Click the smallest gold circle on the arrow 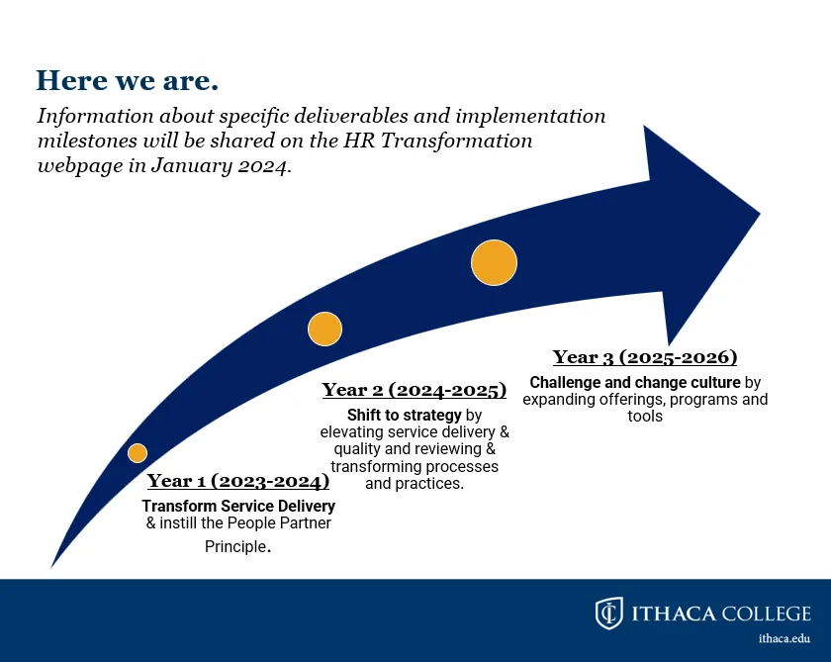point(138,453)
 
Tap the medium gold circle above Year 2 point(324,330)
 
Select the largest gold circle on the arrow point(494,263)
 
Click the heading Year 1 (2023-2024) point(238,481)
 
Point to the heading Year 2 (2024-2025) point(415,390)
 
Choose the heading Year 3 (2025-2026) point(645,357)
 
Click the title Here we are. point(128,80)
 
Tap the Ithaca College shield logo point(609,614)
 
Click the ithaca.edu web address point(785,638)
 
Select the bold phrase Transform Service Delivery point(238,507)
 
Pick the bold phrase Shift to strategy point(405,415)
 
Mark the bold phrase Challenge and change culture point(635,382)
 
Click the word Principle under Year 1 point(235,546)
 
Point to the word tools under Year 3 point(645,416)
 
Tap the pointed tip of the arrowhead point(760,214)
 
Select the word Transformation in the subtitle point(456,141)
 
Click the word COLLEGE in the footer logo point(767,614)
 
